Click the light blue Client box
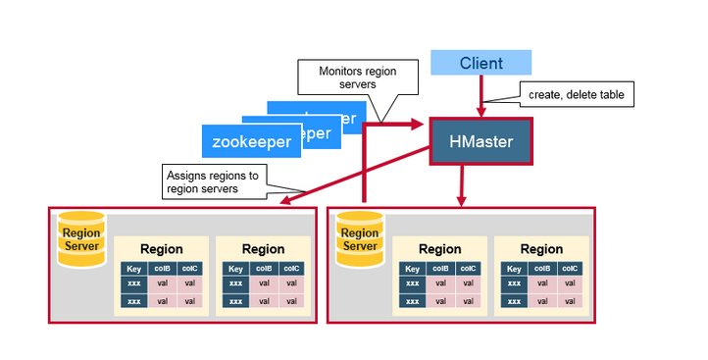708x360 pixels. click(x=481, y=64)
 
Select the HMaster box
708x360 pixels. click(x=480, y=142)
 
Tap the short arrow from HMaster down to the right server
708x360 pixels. click(x=461, y=185)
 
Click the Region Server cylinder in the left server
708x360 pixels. click(x=81, y=239)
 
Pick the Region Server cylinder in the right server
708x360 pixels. click(x=359, y=239)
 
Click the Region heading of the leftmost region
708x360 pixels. click(x=162, y=249)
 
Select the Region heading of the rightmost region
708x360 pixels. click(x=541, y=249)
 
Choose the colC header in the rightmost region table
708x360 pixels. click(x=570, y=268)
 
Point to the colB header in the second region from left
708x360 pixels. click(x=264, y=268)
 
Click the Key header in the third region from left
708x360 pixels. click(x=413, y=268)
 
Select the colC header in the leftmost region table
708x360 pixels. click(x=190, y=268)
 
